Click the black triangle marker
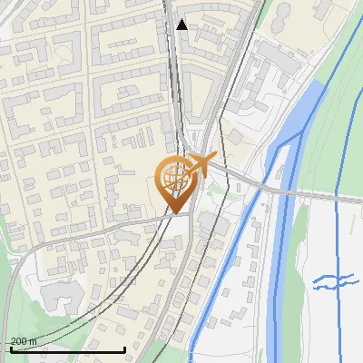point(182,25)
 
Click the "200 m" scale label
point(24,341)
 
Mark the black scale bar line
point(67,350)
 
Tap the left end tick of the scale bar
point(10,348)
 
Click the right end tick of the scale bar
point(124,348)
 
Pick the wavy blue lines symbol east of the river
point(333,282)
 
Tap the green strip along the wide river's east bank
point(313,163)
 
